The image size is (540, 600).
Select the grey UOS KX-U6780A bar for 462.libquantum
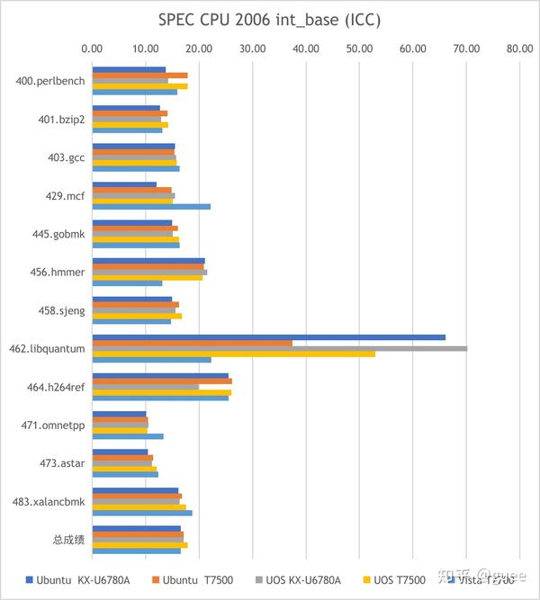[x=279, y=348]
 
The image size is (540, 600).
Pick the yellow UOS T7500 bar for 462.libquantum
[x=233, y=354]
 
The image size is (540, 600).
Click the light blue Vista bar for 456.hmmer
[x=127, y=283]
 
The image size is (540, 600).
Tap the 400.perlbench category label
[x=50, y=81]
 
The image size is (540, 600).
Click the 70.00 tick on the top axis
[x=466, y=49]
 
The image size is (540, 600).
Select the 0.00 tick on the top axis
[x=92, y=49]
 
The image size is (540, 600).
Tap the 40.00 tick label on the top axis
[x=306, y=49]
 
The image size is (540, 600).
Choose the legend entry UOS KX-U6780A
[x=300, y=580]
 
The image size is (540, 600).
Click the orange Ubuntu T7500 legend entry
[x=192, y=580]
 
